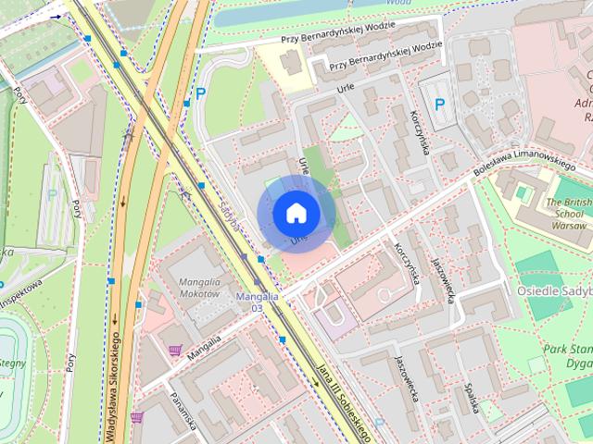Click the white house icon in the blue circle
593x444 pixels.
(296, 213)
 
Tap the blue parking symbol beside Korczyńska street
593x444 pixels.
(439, 105)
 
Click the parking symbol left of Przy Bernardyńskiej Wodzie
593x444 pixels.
(200, 93)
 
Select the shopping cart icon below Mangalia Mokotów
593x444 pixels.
(175, 350)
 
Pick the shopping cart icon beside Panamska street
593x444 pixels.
(136, 418)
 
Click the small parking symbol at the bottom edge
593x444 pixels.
(378, 423)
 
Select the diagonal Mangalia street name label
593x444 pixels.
(204, 346)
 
